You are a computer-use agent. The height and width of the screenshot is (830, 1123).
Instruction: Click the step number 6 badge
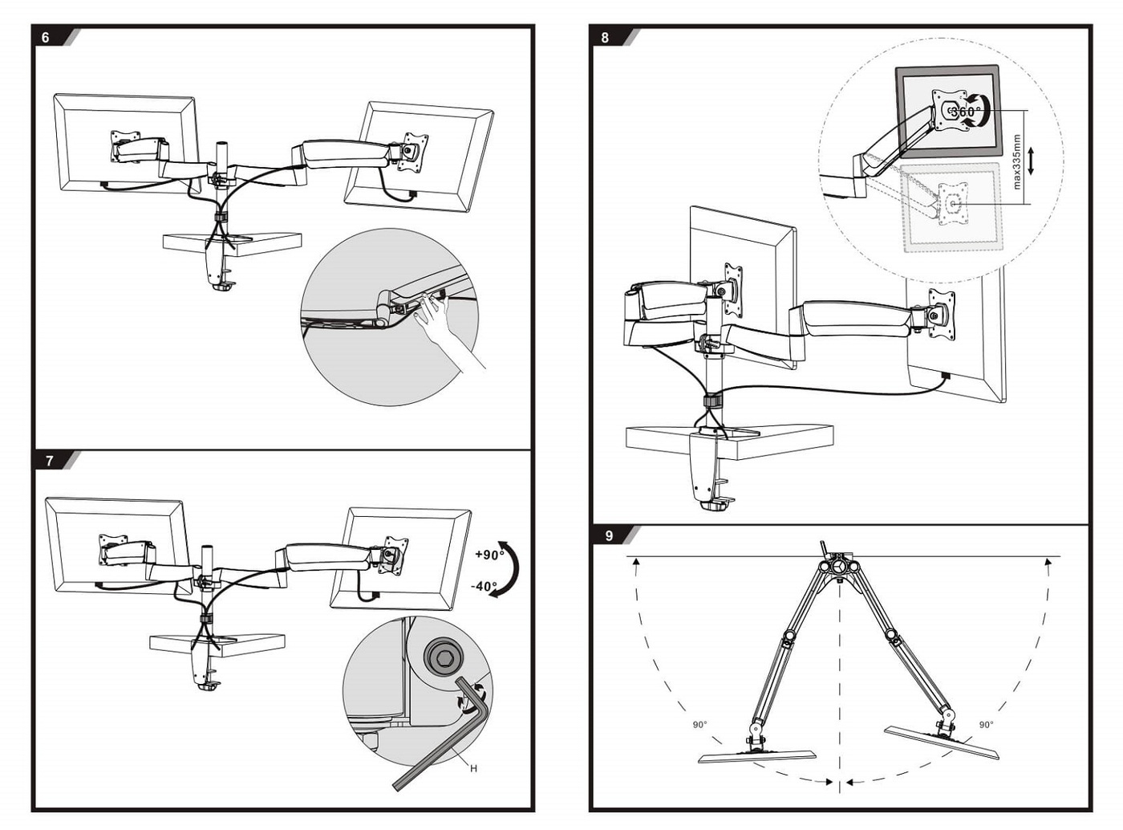[x=46, y=38]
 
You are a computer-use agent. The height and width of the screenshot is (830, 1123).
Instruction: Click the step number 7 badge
[x=49, y=461]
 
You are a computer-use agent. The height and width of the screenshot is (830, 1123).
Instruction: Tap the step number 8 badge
[x=605, y=38]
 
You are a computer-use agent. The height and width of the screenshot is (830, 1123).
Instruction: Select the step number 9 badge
[x=609, y=535]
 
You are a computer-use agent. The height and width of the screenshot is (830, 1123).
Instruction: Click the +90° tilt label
[x=489, y=555]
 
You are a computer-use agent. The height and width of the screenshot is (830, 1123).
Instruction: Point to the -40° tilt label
[x=484, y=587]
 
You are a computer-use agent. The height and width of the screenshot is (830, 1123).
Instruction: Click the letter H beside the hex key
[x=473, y=768]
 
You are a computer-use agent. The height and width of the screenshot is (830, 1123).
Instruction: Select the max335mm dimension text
[x=1017, y=161]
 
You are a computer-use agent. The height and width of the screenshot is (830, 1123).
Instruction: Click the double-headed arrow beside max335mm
[x=1032, y=161]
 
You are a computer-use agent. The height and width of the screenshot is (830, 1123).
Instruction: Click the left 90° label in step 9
[x=700, y=725]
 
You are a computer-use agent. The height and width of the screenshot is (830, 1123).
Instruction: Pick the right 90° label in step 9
[x=986, y=725]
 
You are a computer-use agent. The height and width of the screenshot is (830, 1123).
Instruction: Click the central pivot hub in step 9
[x=838, y=568]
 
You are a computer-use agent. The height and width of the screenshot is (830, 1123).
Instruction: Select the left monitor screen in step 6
[x=124, y=144]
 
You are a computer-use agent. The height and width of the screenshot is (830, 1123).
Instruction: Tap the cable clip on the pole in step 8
[x=712, y=401]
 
